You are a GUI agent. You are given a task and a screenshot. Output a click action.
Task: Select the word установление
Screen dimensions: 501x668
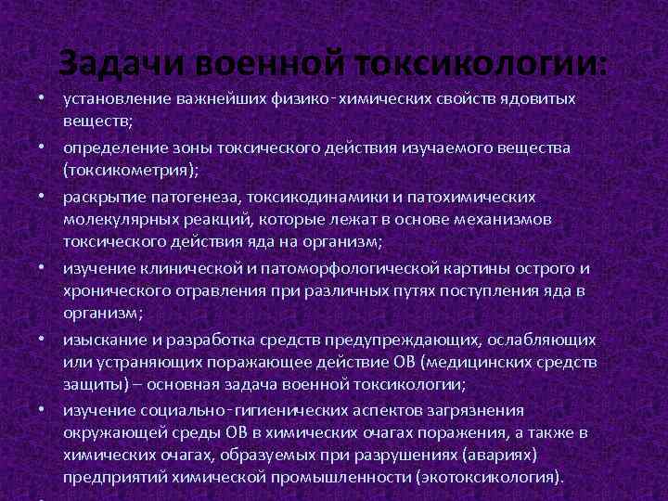tap(117, 98)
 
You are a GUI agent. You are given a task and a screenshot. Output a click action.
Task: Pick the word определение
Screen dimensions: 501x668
tap(113, 148)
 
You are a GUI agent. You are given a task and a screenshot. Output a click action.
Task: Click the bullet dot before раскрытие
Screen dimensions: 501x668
tap(43, 198)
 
